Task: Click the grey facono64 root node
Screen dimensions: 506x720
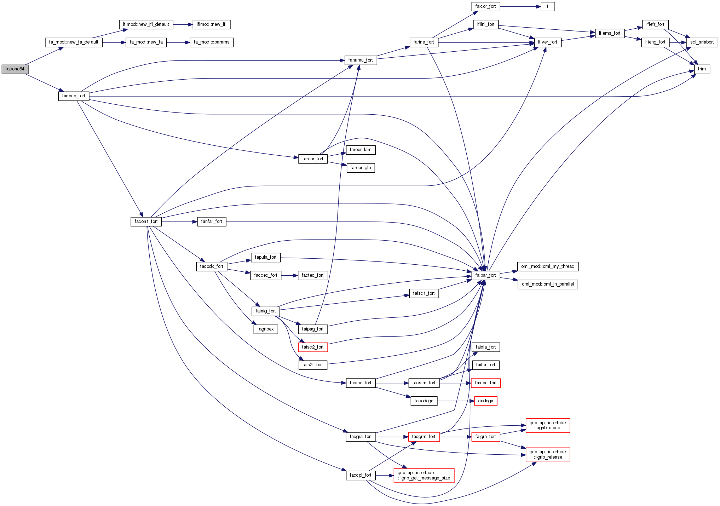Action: click(x=15, y=69)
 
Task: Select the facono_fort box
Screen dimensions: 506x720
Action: click(x=74, y=96)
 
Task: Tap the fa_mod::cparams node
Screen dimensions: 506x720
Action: click(x=212, y=42)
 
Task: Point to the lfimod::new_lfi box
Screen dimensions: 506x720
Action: click(x=212, y=24)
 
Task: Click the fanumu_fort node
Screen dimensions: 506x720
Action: click(x=361, y=60)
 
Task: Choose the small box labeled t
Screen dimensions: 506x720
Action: click(x=547, y=6)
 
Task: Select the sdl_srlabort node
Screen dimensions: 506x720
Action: click(x=702, y=42)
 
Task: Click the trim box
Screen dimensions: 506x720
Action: click(x=702, y=69)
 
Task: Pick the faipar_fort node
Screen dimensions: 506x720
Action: click(x=485, y=275)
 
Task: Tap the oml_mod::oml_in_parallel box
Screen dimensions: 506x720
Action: click(x=548, y=284)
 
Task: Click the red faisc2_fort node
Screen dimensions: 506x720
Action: click(x=313, y=347)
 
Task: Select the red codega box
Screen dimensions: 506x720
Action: click(x=485, y=401)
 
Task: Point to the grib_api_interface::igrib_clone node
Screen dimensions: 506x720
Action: click(x=548, y=425)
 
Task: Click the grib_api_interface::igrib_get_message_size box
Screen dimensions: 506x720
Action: click(x=424, y=475)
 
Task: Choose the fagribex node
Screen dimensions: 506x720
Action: click(x=265, y=329)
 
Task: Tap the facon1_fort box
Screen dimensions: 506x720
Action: click(x=146, y=222)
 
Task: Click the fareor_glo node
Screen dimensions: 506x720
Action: click(x=361, y=168)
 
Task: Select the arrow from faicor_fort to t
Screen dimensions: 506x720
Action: click(x=520, y=6)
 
